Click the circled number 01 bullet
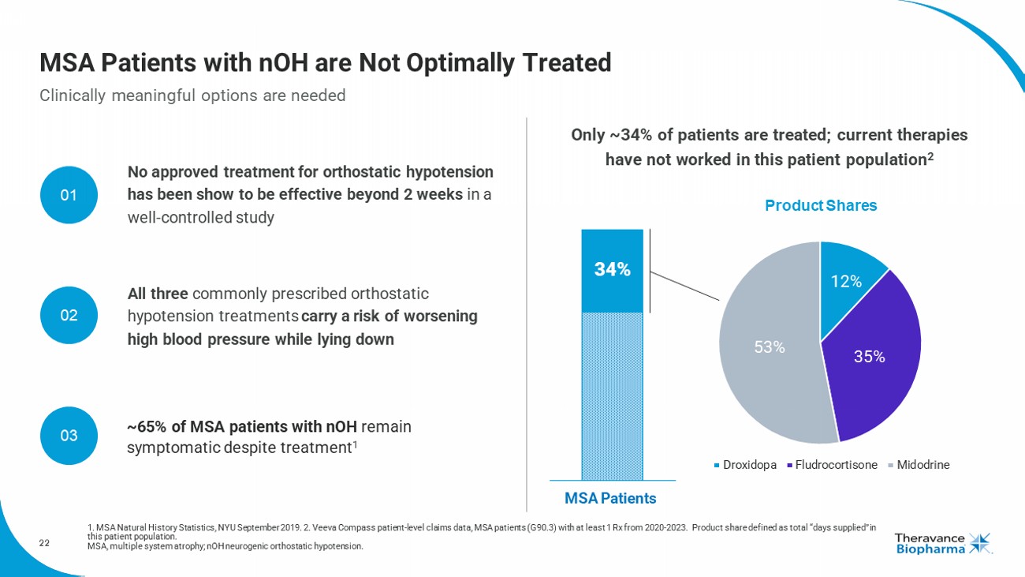coord(69,195)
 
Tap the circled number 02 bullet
coord(69,315)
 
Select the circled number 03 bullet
coord(69,435)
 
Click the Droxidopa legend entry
coord(746,465)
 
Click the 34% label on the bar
coord(612,269)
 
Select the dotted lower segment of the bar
coord(612,395)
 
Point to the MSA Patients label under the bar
coord(610,498)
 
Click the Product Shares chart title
coord(820,205)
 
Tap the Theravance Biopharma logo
coord(943,543)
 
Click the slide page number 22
coord(44,542)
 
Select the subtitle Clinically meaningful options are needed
coord(192,96)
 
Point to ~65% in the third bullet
coord(146,427)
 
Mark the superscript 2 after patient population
coord(931,155)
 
